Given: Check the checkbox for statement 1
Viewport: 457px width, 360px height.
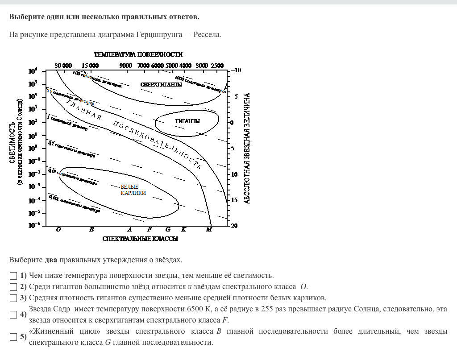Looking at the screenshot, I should [13, 276].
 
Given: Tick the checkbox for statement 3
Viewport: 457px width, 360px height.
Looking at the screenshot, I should [13, 298].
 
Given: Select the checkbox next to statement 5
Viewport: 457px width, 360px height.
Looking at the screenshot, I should [13, 337].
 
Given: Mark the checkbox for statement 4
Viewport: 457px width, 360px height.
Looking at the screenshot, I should [13, 314].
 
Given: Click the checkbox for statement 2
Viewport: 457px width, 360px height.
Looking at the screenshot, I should [13, 287].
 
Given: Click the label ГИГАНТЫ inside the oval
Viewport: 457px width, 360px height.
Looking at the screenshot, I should [187, 121].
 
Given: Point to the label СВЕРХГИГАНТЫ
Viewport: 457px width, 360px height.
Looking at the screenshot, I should [161, 84].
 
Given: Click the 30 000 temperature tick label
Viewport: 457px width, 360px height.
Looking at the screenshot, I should [63, 66].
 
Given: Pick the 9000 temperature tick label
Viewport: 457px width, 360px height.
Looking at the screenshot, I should [126, 66].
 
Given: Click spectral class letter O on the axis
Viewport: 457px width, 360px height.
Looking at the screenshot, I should [58, 230].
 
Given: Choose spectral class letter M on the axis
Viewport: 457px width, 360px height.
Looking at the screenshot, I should [209, 230].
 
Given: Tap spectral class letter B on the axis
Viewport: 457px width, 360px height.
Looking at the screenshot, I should [91, 230].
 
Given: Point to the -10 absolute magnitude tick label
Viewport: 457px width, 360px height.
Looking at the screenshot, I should [236, 70].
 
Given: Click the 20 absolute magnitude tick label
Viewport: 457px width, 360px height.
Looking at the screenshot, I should [234, 226].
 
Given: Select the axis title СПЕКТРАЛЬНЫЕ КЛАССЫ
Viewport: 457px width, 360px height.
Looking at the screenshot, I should [140, 239].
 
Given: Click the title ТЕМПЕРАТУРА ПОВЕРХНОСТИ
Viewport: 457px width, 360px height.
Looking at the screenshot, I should [138, 54].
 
